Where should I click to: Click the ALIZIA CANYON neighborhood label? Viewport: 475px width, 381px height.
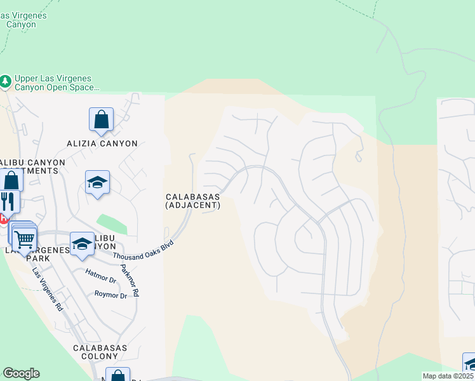tap(102, 144)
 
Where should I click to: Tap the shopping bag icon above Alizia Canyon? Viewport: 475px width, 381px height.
tap(101, 119)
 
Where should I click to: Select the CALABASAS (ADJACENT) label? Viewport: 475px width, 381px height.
tap(192, 201)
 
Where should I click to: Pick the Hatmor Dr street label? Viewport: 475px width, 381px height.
tap(100, 276)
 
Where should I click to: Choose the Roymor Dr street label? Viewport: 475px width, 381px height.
tap(110, 295)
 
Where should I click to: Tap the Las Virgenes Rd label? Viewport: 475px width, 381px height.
tap(48, 288)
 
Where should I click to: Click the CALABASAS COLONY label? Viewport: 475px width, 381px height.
tap(100, 352)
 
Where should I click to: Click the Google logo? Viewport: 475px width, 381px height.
tap(21, 373)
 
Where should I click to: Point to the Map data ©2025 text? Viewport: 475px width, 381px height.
tap(448, 376)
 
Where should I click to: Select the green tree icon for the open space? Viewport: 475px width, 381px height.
tap(6, 82)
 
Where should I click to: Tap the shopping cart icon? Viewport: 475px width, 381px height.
tap(25, 240)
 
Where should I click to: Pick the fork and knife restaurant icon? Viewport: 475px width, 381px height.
tap(8, 202)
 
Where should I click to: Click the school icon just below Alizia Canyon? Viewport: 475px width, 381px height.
tap(97, 182)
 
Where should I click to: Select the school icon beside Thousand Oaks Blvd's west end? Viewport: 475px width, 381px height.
tap(82, 244)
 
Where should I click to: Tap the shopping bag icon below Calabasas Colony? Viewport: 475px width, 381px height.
tap(117, 375)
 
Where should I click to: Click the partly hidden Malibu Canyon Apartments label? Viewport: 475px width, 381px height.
tap(32, 167)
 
